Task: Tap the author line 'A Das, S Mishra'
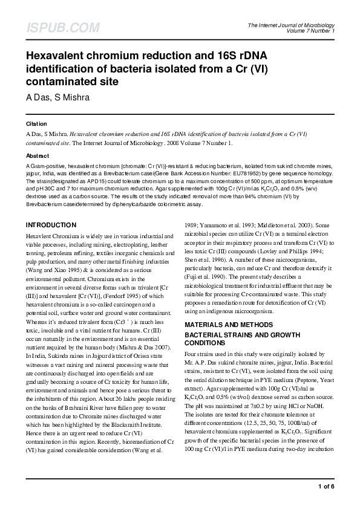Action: (x=57, y=97)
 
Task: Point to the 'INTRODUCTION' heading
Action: (x=51, y=225)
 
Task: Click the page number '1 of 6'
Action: (x=326, y=486)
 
